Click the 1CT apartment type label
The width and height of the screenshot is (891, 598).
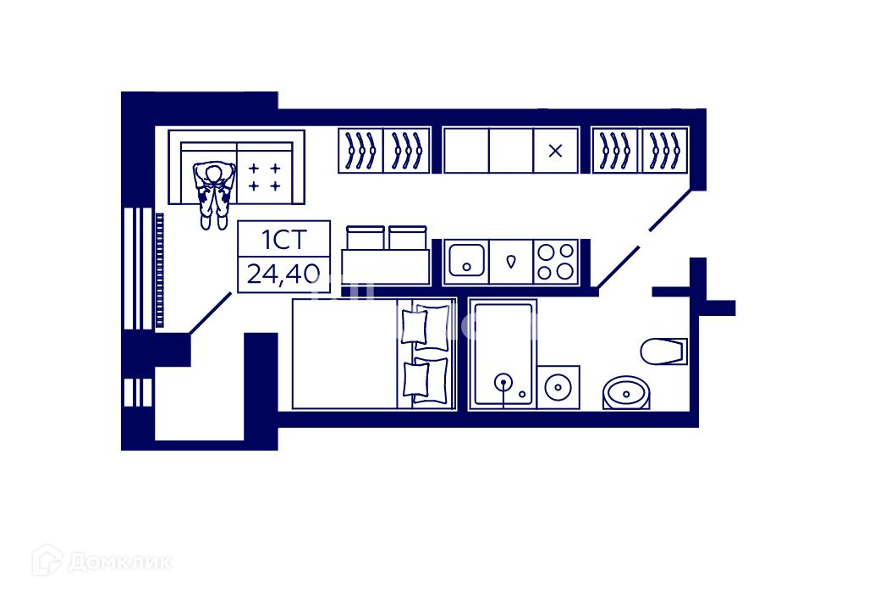(283, 241)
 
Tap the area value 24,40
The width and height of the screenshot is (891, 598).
(283, 274)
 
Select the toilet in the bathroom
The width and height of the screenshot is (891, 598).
(663, 351)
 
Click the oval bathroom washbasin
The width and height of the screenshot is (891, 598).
(625, 392)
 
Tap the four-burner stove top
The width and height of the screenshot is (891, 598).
(556, 261)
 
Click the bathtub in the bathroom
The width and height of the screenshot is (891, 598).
(504, 353)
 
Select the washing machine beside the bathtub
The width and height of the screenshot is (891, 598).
(558, 387)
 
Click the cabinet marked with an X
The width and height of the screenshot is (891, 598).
(555, 151)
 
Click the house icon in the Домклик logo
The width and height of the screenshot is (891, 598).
(47, 560)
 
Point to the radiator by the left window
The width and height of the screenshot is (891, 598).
(159, 271)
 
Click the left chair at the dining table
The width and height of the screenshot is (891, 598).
(364, 237)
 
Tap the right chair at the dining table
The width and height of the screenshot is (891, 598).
(407, 237)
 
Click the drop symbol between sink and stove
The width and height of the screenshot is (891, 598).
(511, 261)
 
